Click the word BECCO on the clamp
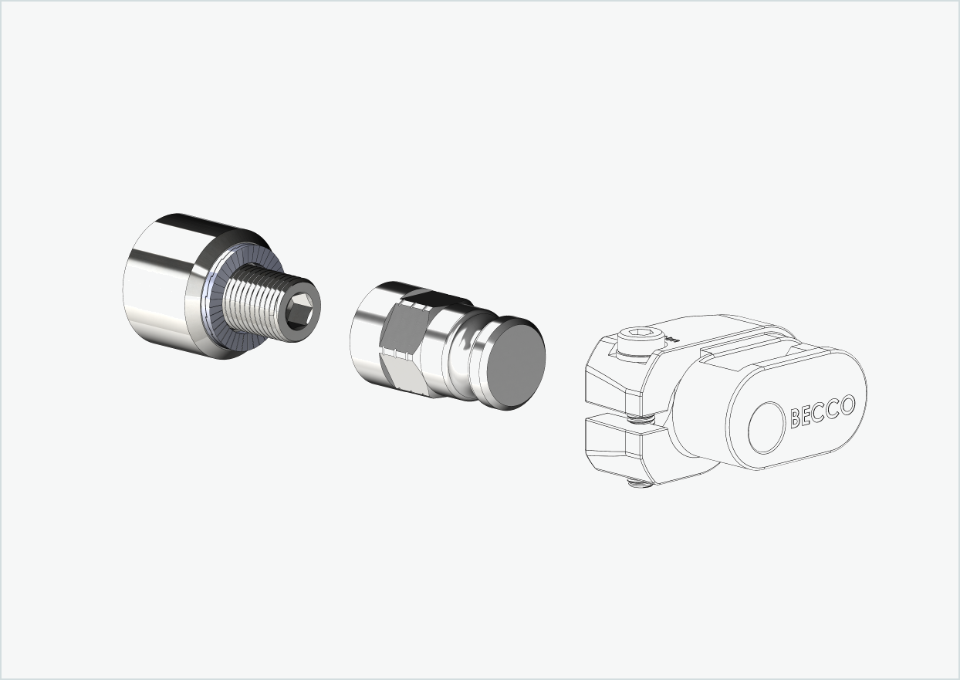click(823, 411)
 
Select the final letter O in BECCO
click(847, 404)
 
